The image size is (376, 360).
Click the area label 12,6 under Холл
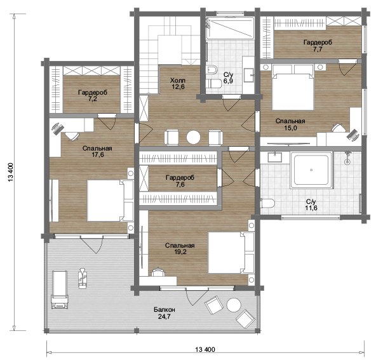178,87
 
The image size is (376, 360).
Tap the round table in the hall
193,137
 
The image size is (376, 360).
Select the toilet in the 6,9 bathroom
214,84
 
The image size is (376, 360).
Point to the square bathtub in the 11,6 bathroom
311,170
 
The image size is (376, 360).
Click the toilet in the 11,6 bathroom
267,203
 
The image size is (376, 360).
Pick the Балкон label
164,310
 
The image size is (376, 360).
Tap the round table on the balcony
234,305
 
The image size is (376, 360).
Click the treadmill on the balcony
60,290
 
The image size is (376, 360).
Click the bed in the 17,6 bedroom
110,201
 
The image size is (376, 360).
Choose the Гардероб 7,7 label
318,46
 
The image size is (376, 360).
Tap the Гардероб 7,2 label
93,96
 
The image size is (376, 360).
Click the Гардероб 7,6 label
180,181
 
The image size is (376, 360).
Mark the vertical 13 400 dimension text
11,172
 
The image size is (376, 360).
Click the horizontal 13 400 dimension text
205,349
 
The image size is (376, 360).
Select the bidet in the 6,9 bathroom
211,70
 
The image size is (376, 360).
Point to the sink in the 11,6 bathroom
275,157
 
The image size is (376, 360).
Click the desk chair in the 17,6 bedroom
72,136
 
